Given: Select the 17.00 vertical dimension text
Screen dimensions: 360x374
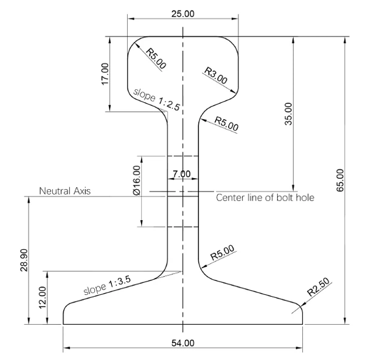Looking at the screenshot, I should (105, 73).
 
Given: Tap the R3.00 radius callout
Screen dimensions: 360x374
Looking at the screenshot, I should (216, 76).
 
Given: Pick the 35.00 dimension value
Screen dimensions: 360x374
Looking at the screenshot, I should (288, 114).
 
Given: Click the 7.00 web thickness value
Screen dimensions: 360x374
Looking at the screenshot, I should (182, 174).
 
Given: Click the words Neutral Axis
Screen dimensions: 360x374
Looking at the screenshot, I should (65, 191).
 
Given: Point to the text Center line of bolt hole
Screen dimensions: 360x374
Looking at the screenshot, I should (265, 197).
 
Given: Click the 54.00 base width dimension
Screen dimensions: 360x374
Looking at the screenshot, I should (182, 343).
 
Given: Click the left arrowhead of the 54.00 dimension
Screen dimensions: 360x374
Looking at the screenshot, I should (66, 348).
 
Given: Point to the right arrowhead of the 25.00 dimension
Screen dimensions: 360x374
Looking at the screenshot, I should (235, 17).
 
